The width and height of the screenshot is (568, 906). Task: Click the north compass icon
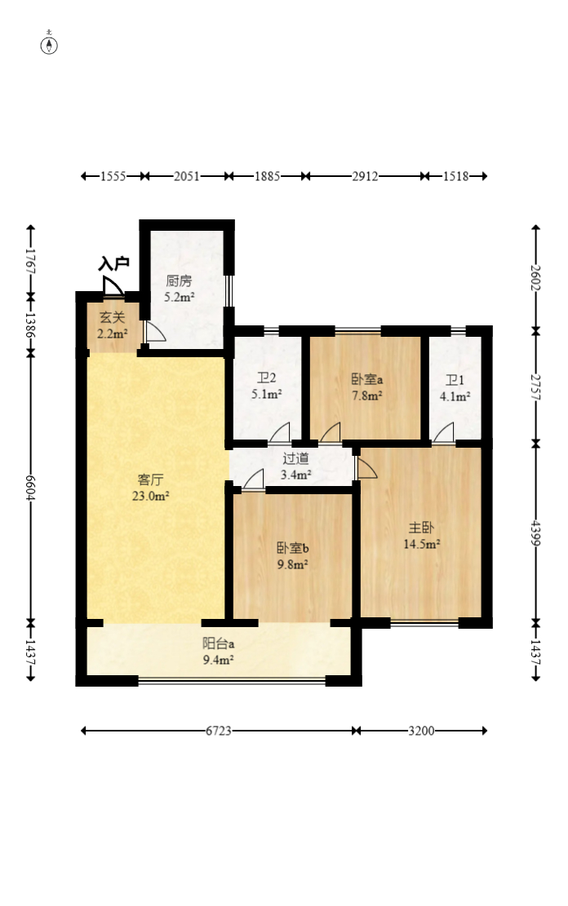point(49,45)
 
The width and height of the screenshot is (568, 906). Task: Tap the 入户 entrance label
point(113,264)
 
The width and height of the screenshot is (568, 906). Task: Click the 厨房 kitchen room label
point(179,281)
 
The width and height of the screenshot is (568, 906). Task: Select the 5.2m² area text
point(179,298)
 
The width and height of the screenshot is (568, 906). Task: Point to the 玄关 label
point(112,317)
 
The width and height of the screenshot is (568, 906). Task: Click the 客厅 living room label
point(150,480)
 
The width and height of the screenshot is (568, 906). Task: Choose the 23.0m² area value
point(150,496)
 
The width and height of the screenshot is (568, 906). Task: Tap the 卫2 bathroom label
point(267,378)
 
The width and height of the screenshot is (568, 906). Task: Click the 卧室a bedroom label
point(367,379)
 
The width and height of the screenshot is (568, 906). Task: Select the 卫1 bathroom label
point(455,380)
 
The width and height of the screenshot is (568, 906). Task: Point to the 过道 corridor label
point(295,458)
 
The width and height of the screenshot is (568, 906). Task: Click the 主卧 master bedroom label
point(421,528)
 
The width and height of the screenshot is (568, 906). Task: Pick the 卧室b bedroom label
point(293,548)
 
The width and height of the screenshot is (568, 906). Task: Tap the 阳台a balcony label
point(218,643)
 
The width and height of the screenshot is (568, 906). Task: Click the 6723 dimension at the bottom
point(219,731)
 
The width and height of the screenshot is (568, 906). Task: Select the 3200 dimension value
point(421,731)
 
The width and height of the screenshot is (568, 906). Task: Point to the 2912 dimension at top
point(365,176)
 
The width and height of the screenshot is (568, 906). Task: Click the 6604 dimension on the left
point(31,488)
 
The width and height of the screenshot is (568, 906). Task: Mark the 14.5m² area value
point(422,544)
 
